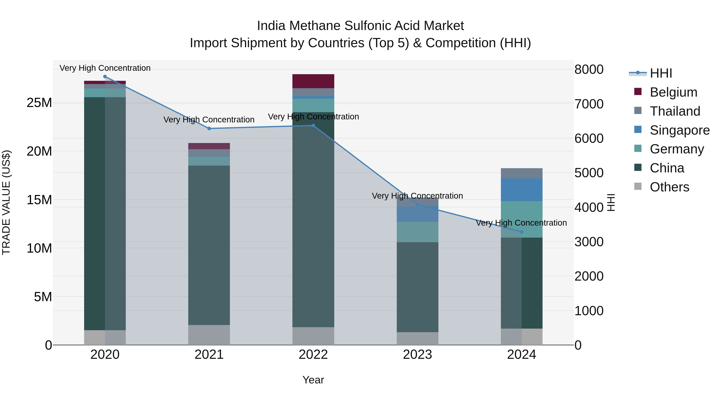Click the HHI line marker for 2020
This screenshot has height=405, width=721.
105,77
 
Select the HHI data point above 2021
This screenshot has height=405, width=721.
209,129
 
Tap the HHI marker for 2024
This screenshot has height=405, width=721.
522,232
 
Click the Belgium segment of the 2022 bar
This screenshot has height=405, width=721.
313,81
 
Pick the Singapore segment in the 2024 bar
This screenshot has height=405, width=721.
522,190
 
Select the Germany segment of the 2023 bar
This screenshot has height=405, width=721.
417,232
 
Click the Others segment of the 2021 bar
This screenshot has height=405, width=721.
209,335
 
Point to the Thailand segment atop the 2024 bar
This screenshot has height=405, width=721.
522,173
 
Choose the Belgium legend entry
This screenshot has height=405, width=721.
673,92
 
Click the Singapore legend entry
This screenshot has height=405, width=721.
679,130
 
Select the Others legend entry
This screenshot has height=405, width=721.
669,187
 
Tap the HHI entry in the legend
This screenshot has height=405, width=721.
661,73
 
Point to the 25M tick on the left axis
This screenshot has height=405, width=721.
39,103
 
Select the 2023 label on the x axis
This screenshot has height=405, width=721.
417,355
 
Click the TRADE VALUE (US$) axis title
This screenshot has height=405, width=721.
6,202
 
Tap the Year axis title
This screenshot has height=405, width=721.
313,380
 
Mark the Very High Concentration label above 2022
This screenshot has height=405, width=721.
313,117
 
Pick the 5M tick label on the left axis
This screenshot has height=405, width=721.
43,297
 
